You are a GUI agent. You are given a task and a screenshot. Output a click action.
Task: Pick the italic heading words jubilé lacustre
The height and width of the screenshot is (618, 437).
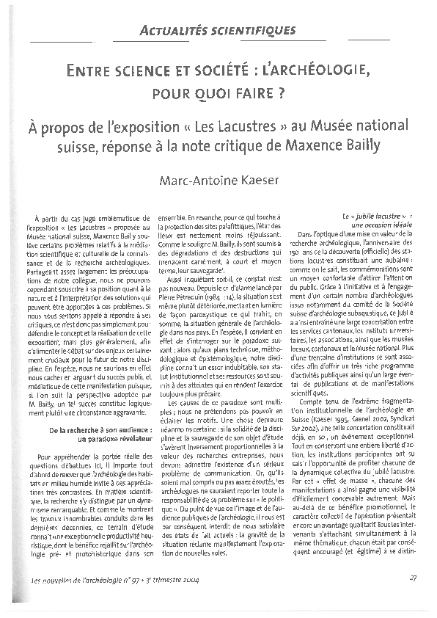click(370, 218)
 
